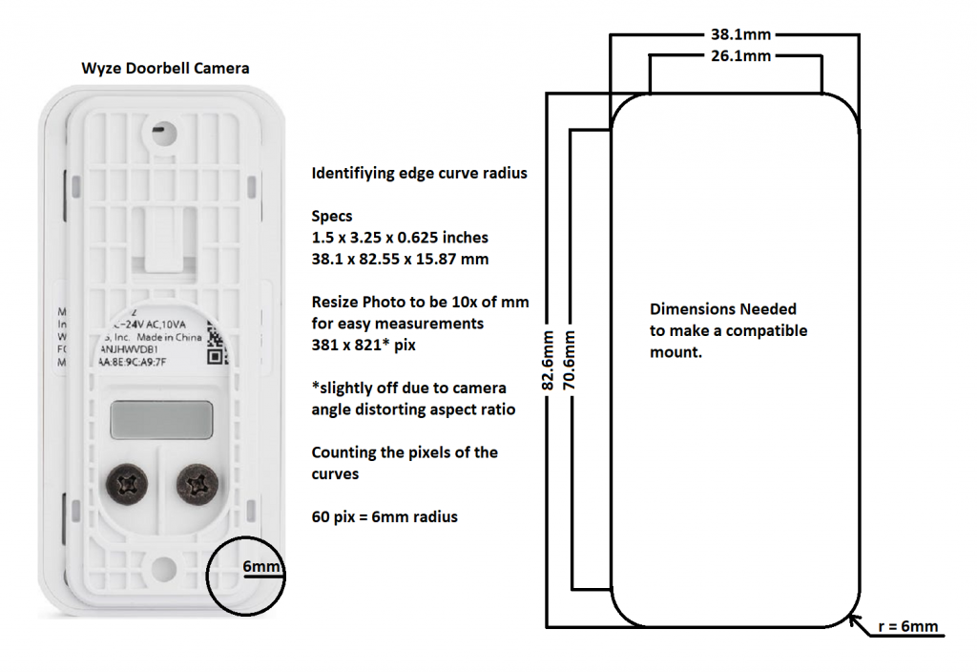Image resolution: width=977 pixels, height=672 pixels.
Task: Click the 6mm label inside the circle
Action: click(x=261, y=568)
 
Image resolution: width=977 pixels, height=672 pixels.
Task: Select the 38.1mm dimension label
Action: click(x=740, y=34)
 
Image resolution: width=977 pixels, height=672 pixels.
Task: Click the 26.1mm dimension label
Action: click(x=740, y=56)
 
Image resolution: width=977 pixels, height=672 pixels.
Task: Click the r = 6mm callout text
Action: click(x=907, y=627)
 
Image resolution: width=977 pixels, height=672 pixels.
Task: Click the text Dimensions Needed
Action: click(x=723, y=309)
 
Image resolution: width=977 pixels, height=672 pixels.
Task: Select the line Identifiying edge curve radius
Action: click(x=419, y=174)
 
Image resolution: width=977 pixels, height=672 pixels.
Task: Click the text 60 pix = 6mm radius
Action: click(x=385, y=516)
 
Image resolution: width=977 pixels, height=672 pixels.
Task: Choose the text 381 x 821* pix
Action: click(x=364, y=345)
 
